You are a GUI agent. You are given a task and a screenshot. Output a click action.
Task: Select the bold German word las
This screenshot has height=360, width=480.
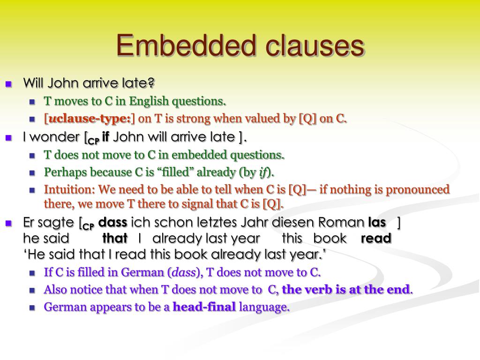click(377, 222)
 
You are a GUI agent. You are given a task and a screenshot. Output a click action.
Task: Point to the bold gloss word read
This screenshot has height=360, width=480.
click(376, 238)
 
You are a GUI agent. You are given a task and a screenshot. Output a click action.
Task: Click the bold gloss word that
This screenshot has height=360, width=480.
click(115, 238)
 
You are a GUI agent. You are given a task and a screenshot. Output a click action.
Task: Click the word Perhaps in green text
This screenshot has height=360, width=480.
click(63, 172)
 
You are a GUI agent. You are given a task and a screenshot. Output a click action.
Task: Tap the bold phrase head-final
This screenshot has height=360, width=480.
click(204, 307)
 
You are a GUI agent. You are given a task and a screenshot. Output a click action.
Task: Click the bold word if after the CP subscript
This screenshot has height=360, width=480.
click(105, 137)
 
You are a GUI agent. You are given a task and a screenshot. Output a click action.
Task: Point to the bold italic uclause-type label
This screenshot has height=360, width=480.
click(89, 119)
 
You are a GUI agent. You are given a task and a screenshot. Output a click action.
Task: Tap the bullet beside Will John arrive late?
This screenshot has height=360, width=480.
click(8, 84)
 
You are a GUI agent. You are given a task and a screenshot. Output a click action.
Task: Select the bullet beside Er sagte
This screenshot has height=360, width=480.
click(8, 223)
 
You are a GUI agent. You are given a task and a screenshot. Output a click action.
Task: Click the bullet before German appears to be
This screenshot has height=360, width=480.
click(32, 308)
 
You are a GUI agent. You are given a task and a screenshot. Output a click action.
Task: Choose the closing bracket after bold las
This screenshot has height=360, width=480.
click(398, 222)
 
